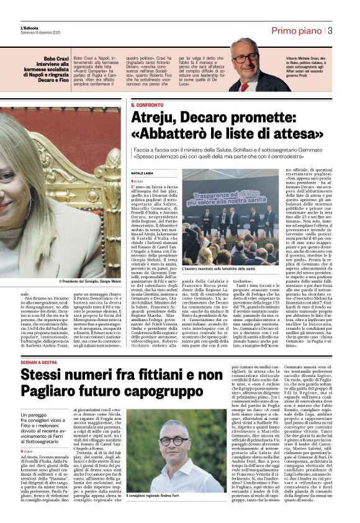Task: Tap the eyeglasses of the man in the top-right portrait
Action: tap(246, 57)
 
